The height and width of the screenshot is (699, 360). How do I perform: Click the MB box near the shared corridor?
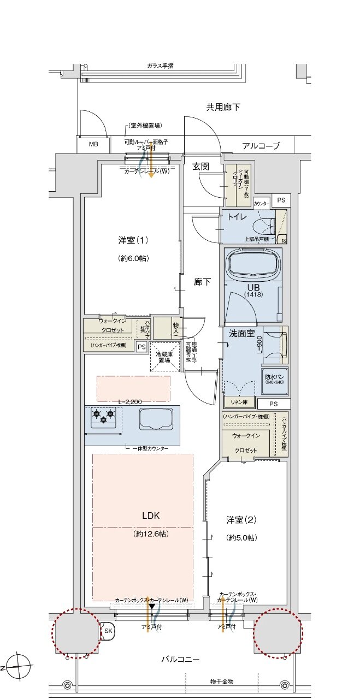click(x=93, y=145)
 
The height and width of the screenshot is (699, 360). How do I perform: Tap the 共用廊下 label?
click(x=223, y=107)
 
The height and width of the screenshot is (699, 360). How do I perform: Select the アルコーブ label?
click(x=261, y=146)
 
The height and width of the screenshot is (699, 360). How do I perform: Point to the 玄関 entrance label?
click(x=200, y=167)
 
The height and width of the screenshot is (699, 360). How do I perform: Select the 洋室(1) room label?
click(x=133, y=240)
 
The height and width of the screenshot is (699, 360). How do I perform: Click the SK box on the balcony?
click(x=108, y=630)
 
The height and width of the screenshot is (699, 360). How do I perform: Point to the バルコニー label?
click(x=180, y=659)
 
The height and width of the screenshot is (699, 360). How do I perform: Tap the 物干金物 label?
click(x=222, y=682)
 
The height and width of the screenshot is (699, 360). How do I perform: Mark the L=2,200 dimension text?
click(x=130, y=401)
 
